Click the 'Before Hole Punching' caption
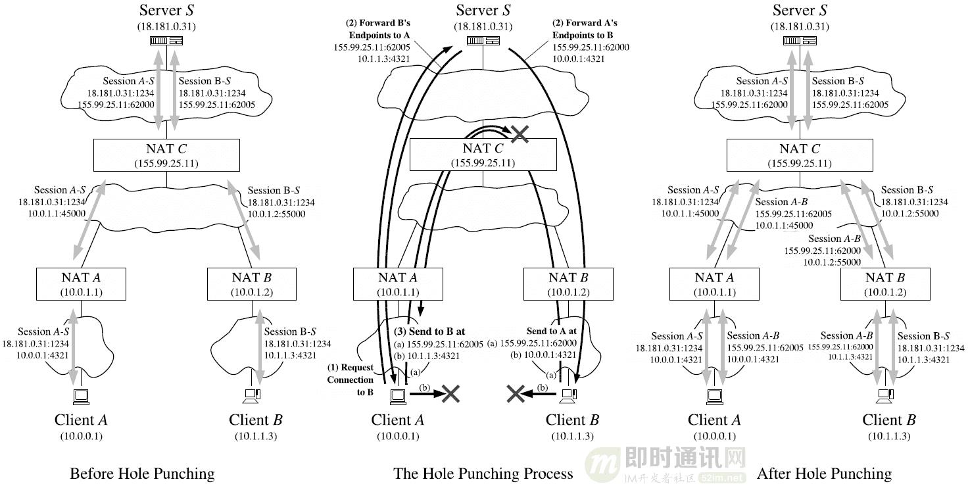click(142, 474)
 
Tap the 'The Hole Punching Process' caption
click(483, 474)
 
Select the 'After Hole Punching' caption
click(824, 474)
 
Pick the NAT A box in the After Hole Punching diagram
click(714, 283)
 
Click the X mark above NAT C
click(520, 134)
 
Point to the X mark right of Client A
click(450, 393)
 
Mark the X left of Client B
click(515, 393)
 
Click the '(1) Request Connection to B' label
click(351, 379)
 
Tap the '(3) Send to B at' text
click(431, 331)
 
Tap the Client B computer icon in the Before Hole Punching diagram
click(252, 395)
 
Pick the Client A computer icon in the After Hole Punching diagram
click(714, 395)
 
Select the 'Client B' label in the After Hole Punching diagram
click(888, 420)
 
